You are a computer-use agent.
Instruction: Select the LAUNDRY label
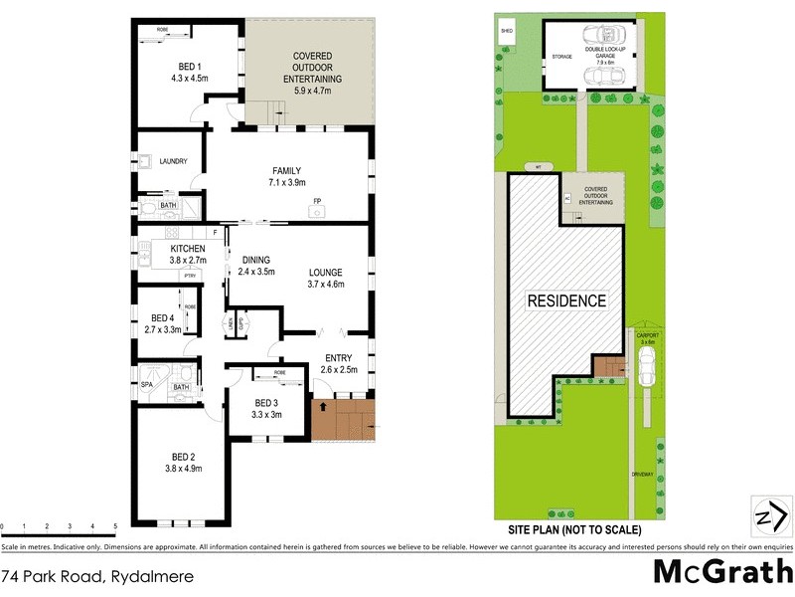(x=173, y=160)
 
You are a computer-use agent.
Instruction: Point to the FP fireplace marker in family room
(x=317, y=202)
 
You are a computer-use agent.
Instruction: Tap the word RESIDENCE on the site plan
(x=565, y=300)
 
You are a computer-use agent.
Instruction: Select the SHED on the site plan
(x=507, y=31)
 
